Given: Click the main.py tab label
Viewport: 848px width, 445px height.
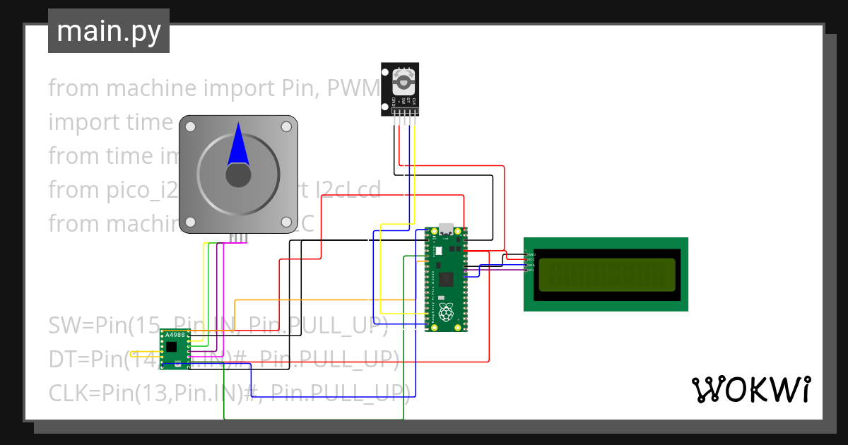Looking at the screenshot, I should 108,32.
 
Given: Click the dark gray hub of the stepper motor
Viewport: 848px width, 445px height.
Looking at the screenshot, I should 238,175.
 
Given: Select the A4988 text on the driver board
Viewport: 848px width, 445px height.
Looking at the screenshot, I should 175,335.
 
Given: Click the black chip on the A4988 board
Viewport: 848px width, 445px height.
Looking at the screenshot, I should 172,347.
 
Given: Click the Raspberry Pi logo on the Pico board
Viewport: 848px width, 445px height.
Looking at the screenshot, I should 446,313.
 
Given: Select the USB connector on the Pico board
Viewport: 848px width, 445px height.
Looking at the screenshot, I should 447,230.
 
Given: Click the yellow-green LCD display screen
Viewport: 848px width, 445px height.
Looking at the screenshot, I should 606,275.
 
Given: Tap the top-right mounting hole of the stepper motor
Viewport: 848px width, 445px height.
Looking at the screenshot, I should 286,126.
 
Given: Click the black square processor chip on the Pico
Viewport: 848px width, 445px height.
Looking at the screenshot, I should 446,279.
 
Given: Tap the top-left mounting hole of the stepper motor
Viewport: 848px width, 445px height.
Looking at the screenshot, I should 189,126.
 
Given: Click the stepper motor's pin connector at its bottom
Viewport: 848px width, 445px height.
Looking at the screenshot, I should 238,238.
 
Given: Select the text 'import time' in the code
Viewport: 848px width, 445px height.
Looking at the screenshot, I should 110,122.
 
